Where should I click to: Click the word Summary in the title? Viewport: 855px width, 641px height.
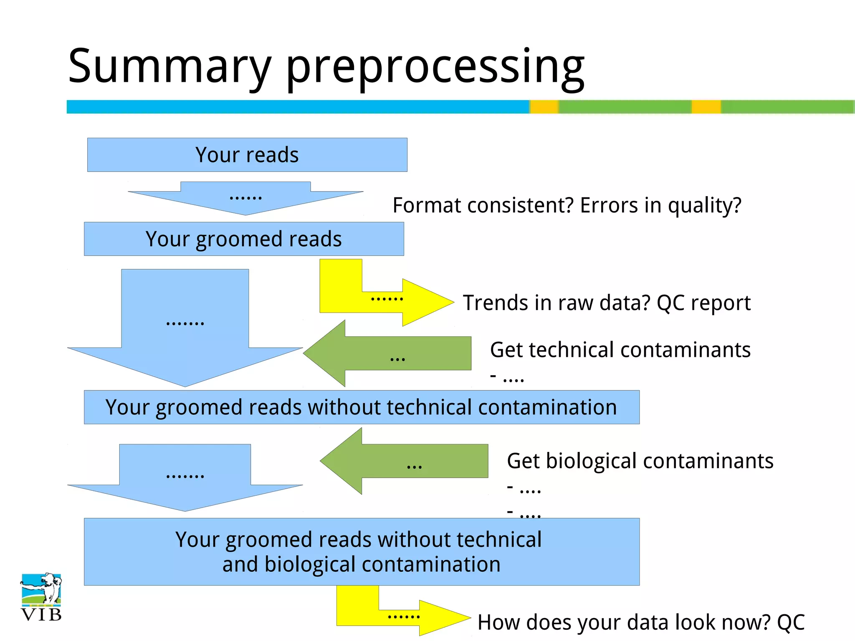[x=169, y=67]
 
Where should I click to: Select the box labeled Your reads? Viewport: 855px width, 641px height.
[x=247, y=155]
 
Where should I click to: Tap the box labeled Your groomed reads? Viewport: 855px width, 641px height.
[x=244, y=239]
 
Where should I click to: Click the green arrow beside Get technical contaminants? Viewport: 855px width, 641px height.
[x=397, y=354]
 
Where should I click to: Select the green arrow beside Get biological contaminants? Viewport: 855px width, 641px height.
[x=413, y=461]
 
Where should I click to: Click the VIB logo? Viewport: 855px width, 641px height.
[x=41, y=597]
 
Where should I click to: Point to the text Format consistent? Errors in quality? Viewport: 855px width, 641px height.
[x=567, y=205]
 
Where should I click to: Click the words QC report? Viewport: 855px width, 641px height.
[x=703, y=303]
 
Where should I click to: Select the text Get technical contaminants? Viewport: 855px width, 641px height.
[x=620, y=350]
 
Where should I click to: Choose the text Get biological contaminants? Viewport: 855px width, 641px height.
[x=640, y=461]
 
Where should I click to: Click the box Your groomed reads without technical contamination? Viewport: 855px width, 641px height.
[x=362, y=407]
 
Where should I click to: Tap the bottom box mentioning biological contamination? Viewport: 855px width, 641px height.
[x=362, y=552]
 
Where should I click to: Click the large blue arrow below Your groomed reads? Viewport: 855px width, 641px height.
[x=185, y=330]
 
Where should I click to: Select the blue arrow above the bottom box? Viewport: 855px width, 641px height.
[x=185, y=480]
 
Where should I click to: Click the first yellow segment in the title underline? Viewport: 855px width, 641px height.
[x=544, y=107]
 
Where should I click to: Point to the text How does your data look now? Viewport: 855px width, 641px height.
[x=624, y=622]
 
